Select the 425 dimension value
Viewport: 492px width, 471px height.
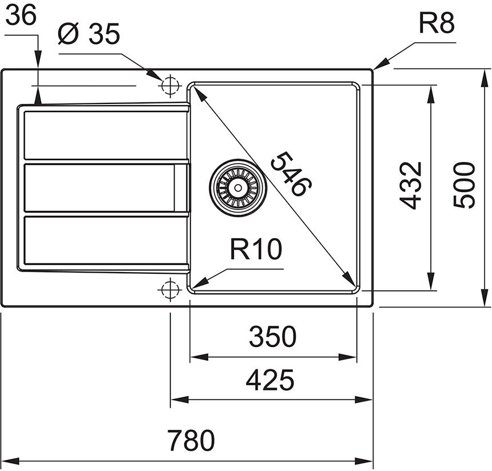271,380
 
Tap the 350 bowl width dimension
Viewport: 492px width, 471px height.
273,337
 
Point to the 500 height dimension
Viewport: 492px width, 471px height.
463,185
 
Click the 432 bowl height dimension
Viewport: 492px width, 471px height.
411,185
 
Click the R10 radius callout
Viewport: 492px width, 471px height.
256,249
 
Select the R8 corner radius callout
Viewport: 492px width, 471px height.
436,25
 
